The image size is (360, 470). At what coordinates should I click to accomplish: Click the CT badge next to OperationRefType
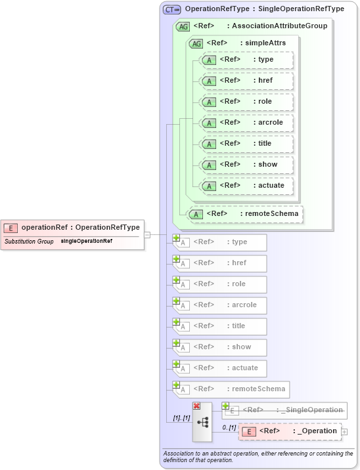(x=172, y=9)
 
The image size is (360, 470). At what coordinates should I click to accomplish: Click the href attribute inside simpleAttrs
(x=246, y=81)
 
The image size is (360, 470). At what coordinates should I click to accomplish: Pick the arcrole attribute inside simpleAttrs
(x=246, y=123)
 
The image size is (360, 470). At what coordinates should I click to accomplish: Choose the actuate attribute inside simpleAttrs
(x=246, y=185)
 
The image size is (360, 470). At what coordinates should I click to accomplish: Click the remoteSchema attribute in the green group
(x=246, y=213)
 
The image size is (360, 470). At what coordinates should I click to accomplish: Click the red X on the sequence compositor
(x=196, y=406)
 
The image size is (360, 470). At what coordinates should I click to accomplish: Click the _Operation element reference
(x=290, y=431)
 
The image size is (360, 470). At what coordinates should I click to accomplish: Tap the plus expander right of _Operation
(x=344, y=431)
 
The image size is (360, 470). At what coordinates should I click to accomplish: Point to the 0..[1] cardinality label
(x=228, y=427)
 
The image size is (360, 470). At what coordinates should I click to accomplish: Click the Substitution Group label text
(x=29, y=242)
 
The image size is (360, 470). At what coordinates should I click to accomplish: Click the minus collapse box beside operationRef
(x=147, y=234)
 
